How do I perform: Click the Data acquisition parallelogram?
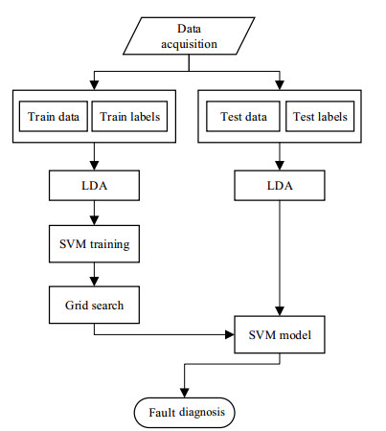coord(189,35)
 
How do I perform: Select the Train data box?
coord(54,117)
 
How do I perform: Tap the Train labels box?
coord(129,117)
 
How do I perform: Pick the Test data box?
coord(243,117)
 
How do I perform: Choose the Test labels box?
coord(320,117)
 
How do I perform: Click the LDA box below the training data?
coord(94,186)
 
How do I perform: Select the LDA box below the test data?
coord(280,186)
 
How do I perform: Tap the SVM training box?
coord(94,244)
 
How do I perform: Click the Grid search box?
coord(94,305)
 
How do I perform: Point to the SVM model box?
coord(280,334)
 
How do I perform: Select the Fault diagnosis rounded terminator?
coord(185,413)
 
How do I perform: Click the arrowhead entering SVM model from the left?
coord(230,334)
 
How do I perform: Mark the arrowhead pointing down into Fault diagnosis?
coord(185,393)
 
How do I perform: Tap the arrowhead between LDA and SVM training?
coord(94,220)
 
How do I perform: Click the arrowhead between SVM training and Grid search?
coord(94,282)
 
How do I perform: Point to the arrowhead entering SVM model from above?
coord(280,311)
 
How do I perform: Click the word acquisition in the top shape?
coord(189,44)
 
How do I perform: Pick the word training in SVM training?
coord(109,245)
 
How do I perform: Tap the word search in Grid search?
coord(107,306)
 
